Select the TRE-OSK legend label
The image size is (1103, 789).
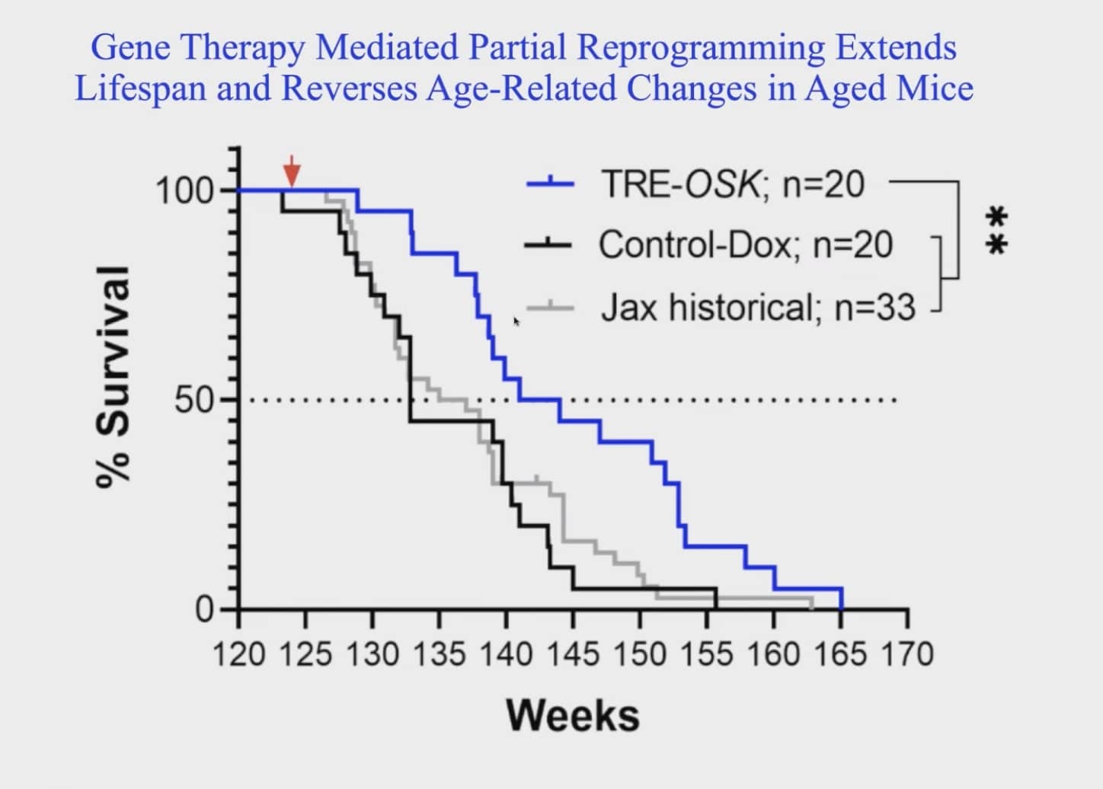pyautogui.click(x=732, y=184)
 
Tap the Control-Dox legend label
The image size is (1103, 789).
pyautogui.click(x=746, y=245)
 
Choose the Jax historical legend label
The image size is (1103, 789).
pyautogui.click(x=758, y=308)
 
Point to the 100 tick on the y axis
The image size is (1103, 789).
pyautogui.click(x=185, y=190)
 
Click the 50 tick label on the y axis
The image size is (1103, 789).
pyautogui.click(x=194, y=400)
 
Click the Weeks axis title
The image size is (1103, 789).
pyautogui.click(x=573, y=716)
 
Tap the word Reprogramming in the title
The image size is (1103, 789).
pyautogui.click(x=700, y=47)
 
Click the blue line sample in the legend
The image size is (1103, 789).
pyautogui.click(x=550, y=184)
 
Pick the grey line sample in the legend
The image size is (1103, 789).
pyautogui.click(x=550, y=307)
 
